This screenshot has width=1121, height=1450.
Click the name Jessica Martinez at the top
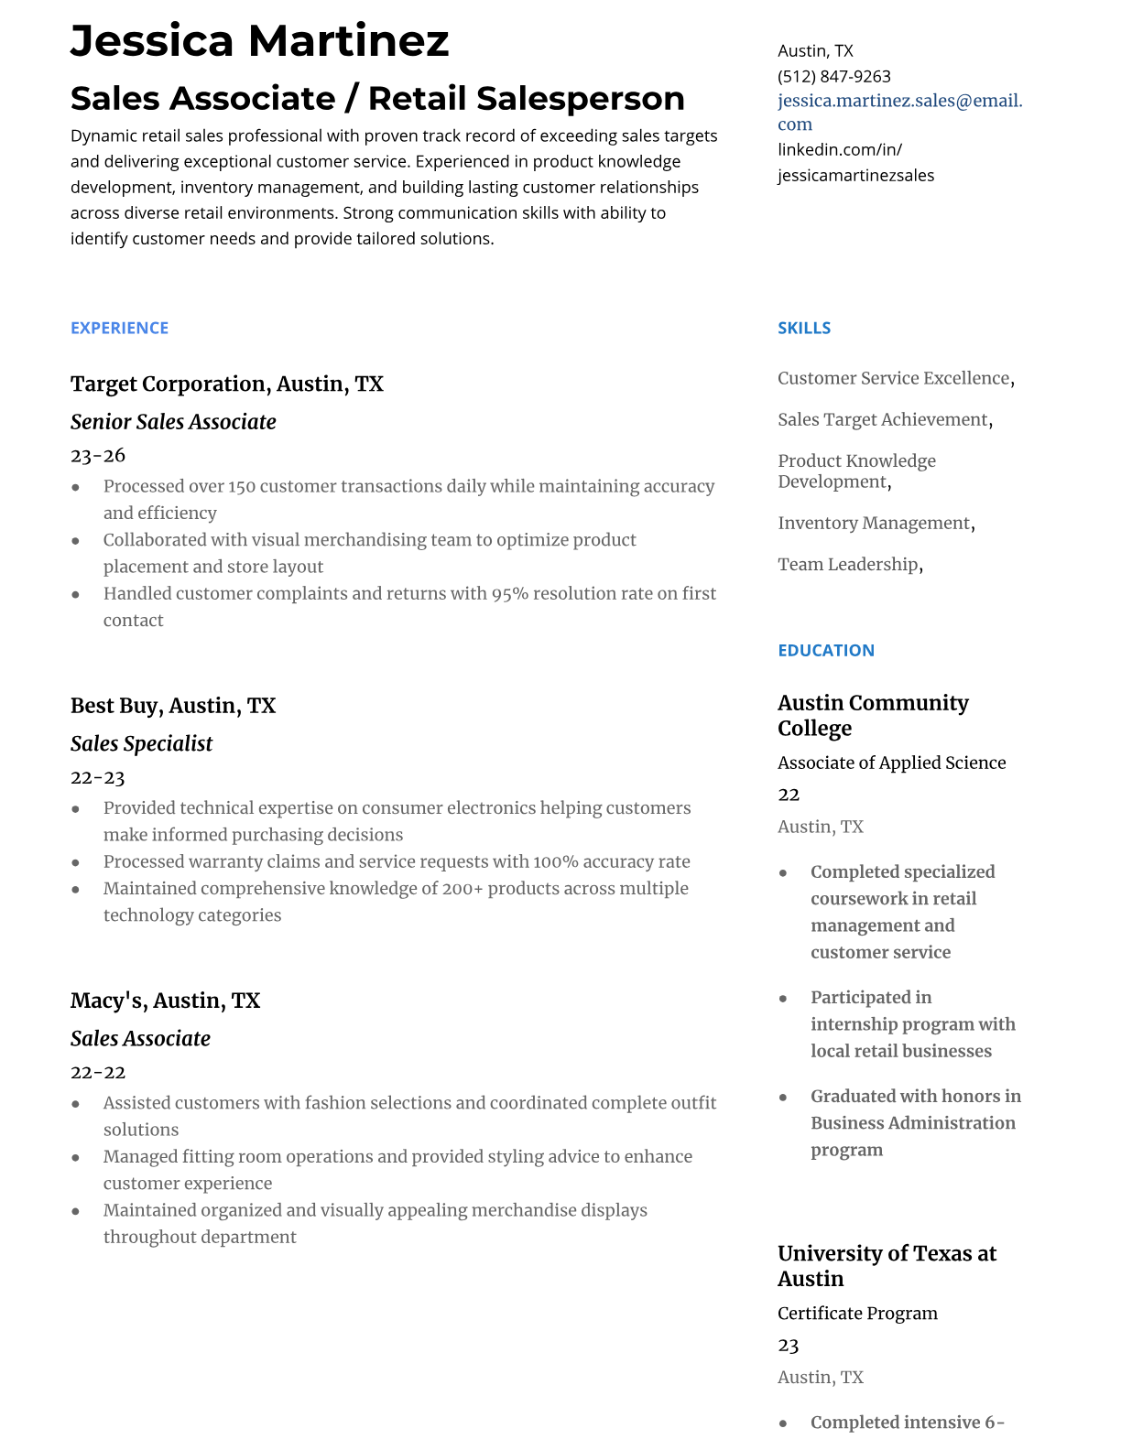coord(259,41)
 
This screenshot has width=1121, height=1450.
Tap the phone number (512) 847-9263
coord(833,76)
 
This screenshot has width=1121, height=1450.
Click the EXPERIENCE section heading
coord(119,328)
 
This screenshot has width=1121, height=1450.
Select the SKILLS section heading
coord(803,328)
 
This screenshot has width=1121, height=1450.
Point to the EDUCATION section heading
coord(825,650)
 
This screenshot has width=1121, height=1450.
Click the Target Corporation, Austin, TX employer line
coord(226,384)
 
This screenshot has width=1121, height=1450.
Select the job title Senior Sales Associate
coord(173,422)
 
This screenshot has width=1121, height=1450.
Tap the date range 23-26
coord(98,455)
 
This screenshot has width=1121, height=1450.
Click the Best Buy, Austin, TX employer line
coord(172,706)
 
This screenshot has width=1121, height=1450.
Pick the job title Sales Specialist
coord(141,744)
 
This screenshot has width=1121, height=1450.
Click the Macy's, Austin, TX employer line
coord(165,1001)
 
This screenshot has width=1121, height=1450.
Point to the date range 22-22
coord(98,1072)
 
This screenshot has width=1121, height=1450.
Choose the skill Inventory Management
coord(873,524)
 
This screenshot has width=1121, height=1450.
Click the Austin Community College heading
coord(872,715)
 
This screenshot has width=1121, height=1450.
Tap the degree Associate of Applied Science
coord(891,763)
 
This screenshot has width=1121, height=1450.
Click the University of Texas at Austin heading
coord(886,1266)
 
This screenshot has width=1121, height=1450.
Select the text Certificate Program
coord(857,1314)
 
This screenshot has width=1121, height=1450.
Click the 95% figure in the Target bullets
coord(509,593)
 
